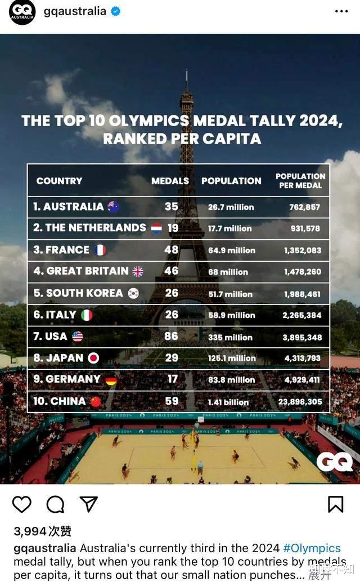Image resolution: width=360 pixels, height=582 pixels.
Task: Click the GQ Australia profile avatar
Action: pyautogui.click(x=22, y=12)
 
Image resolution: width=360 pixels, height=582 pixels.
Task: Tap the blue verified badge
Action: pyautogui.click(x=115, y=11)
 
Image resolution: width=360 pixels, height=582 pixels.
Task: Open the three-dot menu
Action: pyautogui.click(x=341, y=11)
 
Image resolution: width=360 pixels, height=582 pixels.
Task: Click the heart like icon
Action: pyautogui.click(x=22, y=504)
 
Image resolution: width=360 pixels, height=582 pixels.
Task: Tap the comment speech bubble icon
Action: pyautogui.click(x=55, y=504)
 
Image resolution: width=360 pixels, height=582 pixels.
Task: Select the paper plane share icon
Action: pyautogui.click(x=88, y=504)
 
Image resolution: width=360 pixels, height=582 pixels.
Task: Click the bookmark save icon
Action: pyautogui.click(x=335, y=504)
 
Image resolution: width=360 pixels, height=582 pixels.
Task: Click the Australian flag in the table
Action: pyautogui.click(x=113, y=207)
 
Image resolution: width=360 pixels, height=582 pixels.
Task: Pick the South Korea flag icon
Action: pyautogui.click(x=133, y=293)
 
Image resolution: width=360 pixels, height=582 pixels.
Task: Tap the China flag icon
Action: pyautogui.click(x=96, y=401)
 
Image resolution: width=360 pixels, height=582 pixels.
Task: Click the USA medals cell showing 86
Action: pyautogui.click(x=171, y=336)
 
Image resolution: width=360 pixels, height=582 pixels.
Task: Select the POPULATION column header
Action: pyautogui.click(x=231, y=181)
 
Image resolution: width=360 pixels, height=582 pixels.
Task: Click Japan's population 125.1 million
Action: pyautogui.click(x=231, y=358)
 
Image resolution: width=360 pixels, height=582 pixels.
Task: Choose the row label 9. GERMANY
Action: pyautogui.click(x=67, y=379)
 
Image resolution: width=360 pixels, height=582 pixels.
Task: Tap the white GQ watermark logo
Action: pyautogui.click(x=335, y=462)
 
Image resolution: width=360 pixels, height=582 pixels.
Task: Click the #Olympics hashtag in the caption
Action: pyautogui.click(x=312, y=548)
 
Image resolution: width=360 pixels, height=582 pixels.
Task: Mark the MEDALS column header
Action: pyautogui.click(x=170, y=181)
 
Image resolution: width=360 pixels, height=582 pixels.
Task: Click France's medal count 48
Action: pyautogui.click(x=171, y=249)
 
